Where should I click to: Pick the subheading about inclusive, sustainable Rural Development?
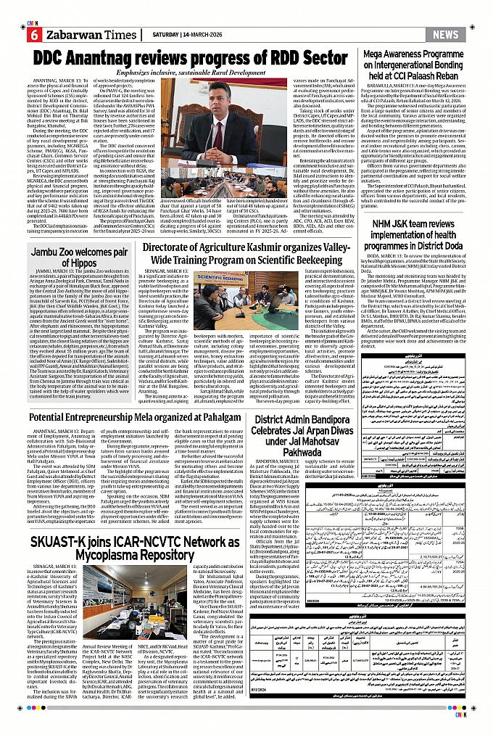(194, 73)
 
